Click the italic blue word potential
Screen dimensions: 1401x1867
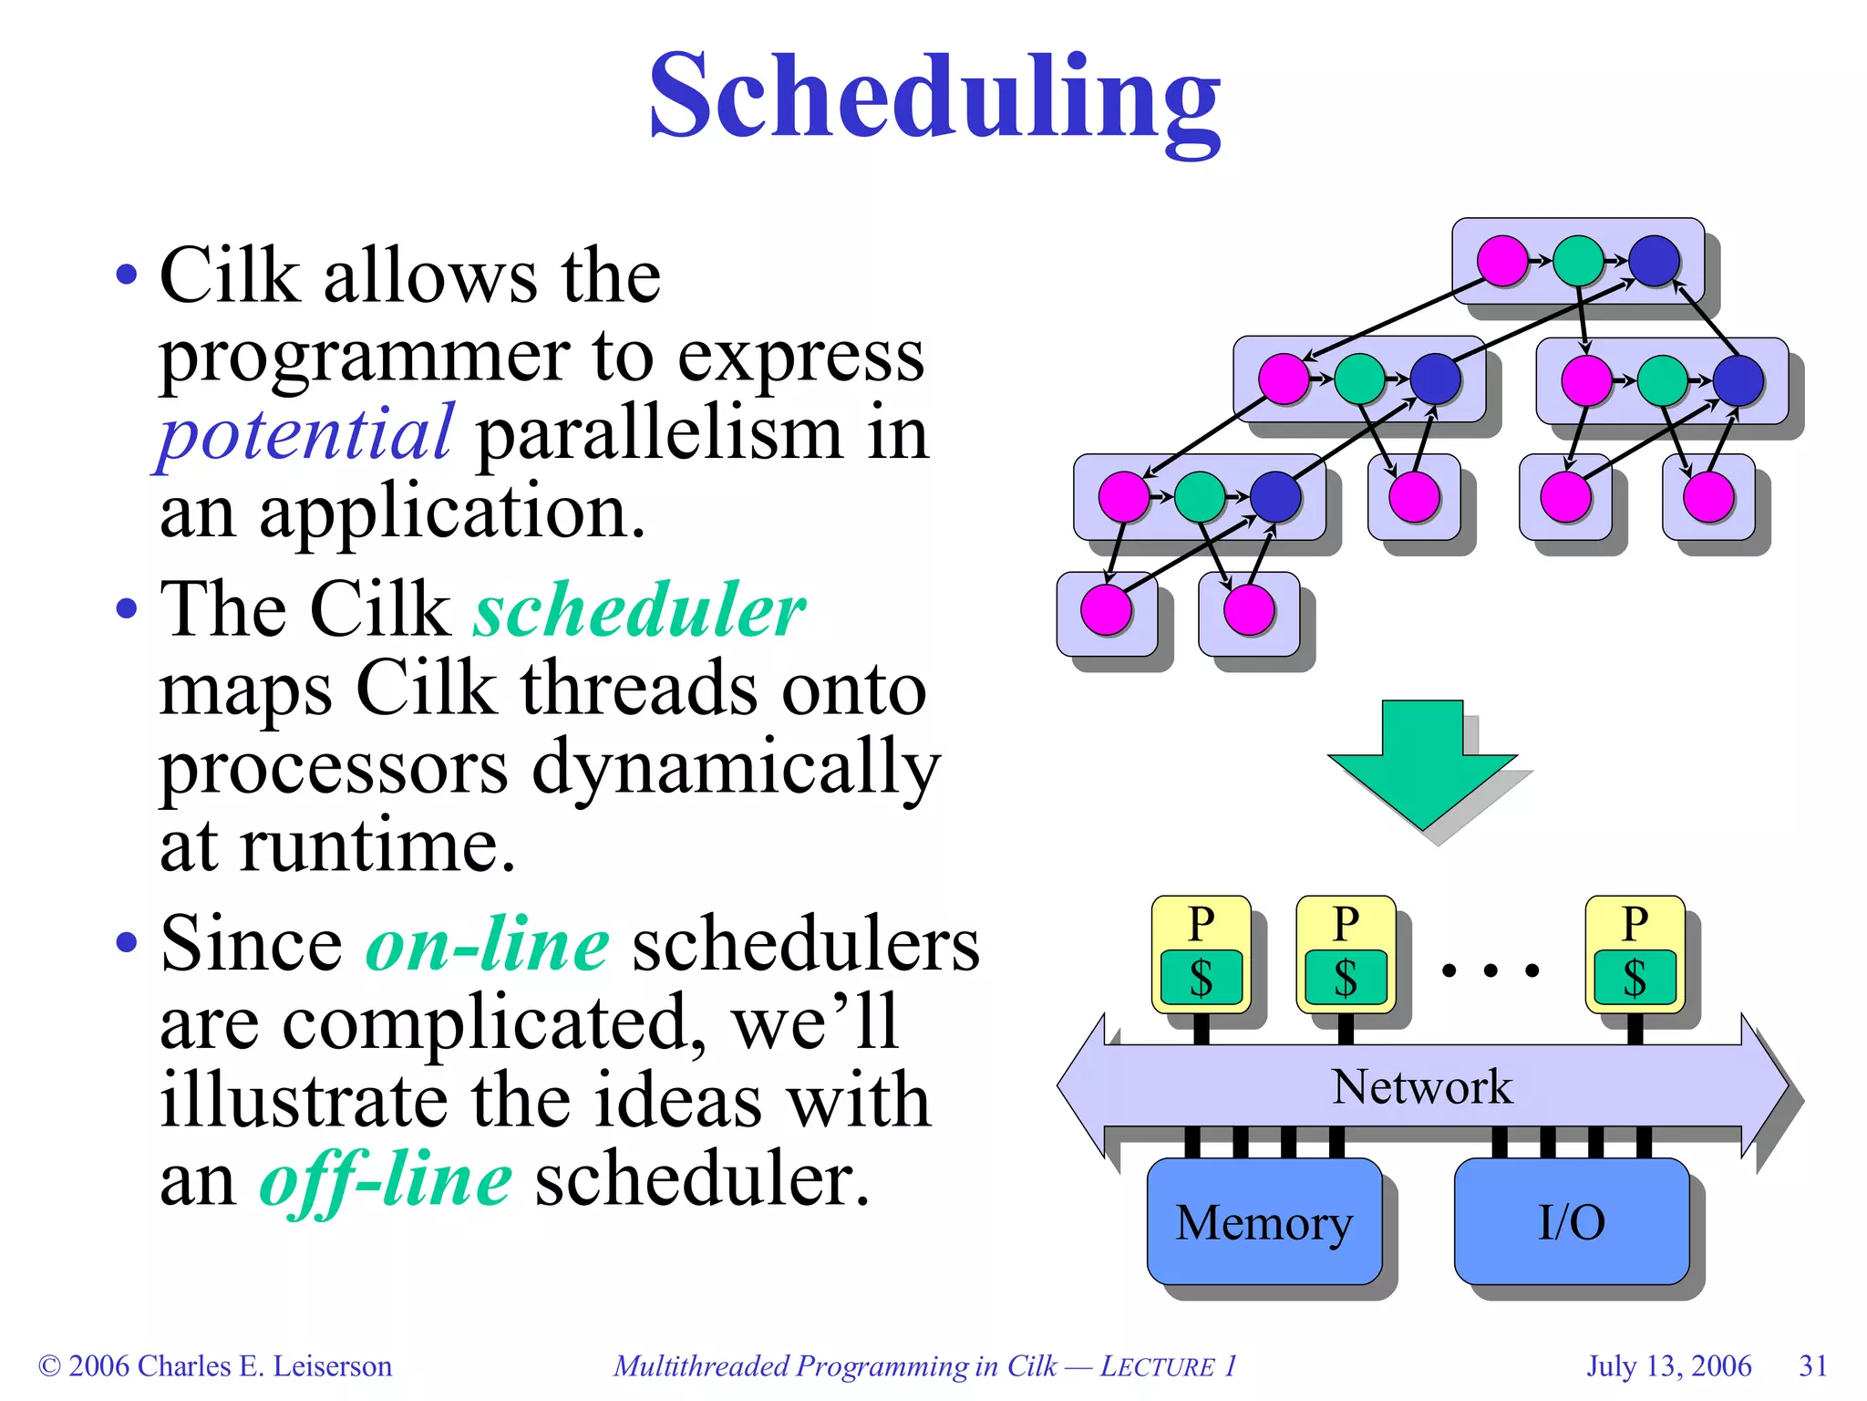pyautogui.click(x=304, y=432)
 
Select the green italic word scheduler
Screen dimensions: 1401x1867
pyautogui.click(x=639, y=609)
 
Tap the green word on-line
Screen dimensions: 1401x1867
pyautogui.click(x=487, y=943)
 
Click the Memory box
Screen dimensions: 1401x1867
pyautogui.click(x=1264, y=1222)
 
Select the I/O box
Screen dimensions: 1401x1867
pyautogui.click(x=1571, y=1222)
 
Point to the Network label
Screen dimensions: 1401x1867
pyautogui.click(x=1422, y=1086)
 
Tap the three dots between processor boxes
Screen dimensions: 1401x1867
pyautogui.click(x=1491, y=970)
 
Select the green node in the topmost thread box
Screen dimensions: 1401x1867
pyautogui.click(x=1578, y=261)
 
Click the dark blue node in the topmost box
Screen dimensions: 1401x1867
pyautogui.click(x=1654, y=261)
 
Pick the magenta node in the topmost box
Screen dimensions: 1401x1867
pyautogui.click(x=1501, y=261)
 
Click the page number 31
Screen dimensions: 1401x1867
pyautogui.click(x=1812, y=1365)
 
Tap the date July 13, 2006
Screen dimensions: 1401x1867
pyautogui.click(x=1668, y=1365)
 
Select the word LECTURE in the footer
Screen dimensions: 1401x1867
pyautogui.click(x=1157, y=1366)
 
